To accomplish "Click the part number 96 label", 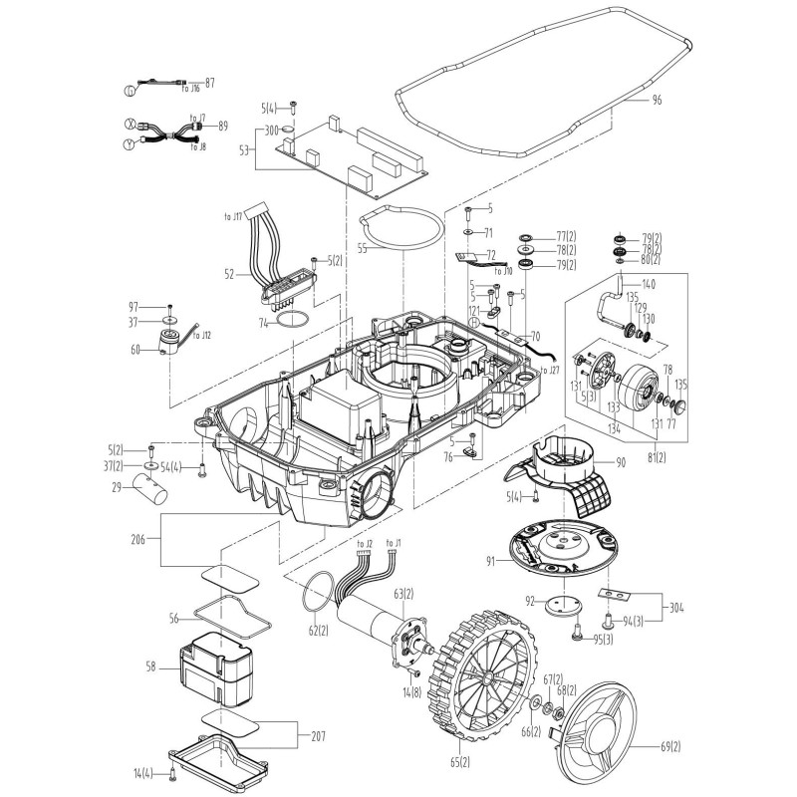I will pos(657,101).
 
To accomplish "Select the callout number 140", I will pos(648,284).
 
